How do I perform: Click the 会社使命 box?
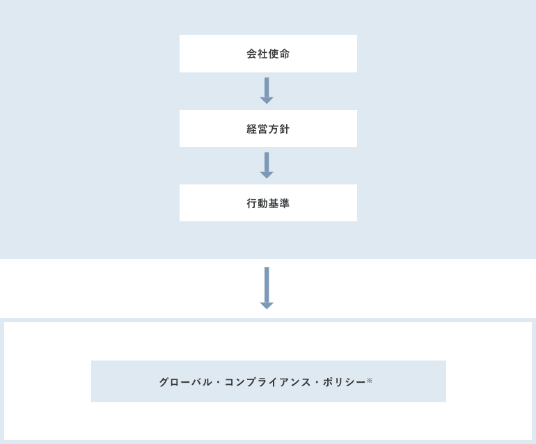268,54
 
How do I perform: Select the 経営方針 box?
268,129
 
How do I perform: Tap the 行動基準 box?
268,203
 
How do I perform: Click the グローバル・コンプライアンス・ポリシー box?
269,381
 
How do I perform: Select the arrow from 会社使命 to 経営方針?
267,90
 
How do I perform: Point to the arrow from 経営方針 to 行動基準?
267,166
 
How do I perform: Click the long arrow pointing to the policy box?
267,288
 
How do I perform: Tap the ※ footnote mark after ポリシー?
369,380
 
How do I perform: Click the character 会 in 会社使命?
252,54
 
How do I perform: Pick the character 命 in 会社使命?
285,54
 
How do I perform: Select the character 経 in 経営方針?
252,129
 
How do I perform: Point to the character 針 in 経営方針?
285,129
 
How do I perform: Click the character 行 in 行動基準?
252,203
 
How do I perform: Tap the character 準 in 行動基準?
285,203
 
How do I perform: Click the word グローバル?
186,382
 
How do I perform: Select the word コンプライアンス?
268,382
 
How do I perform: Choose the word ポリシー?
345,382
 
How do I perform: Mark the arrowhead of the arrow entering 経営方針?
267,100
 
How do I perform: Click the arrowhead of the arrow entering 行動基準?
267,175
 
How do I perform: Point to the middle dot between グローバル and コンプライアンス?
218,382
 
